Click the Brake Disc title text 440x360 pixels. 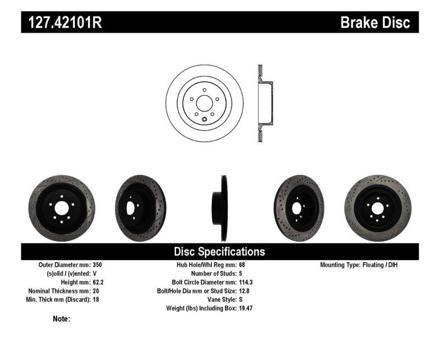(x=375, y=23)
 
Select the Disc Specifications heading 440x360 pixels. (x=219, y=252)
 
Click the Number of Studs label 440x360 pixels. (x=213, y=274)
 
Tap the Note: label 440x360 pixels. (x=62, y=319)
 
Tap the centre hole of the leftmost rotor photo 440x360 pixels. (x=61, y=207)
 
